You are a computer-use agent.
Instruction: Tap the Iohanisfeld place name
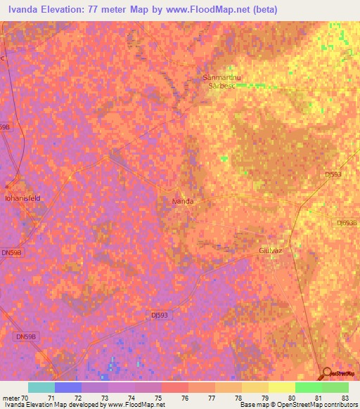[24, 198]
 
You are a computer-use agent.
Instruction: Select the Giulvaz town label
[270, 250]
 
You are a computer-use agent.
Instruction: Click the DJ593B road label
[347, 223]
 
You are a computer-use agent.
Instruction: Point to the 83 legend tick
[345, 398]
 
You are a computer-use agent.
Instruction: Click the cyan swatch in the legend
[41, 387]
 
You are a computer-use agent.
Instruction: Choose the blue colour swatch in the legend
[68, 387]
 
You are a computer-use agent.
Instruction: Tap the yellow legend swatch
[282, 387]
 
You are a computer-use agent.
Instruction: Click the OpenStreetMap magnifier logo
[327, 372]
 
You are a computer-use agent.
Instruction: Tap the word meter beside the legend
[11, 398]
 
